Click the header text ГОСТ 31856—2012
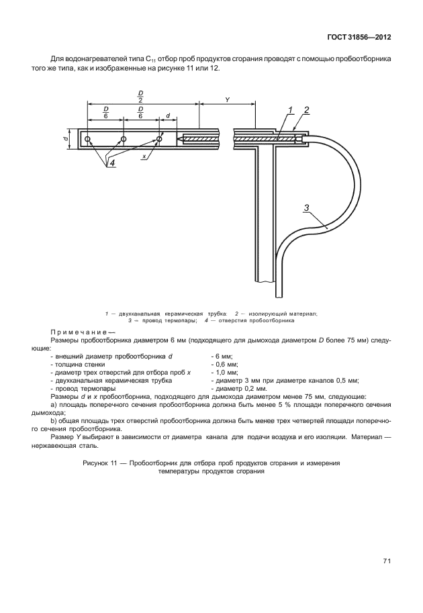click(x=359, y=36)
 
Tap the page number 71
click(x=387, y=561)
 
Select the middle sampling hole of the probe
click(x=124, y=140)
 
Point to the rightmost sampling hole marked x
click(x=159, y=140)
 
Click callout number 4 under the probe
click(x=112, y=163)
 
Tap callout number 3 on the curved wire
click(x=306, y=208)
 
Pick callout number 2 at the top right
click(x=305, y=110)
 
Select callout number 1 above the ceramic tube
click(x=290, y=110)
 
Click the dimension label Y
click(x=227, y=99)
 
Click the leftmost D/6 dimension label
click(x=105, y=111)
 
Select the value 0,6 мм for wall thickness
click(x=222, y=365)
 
